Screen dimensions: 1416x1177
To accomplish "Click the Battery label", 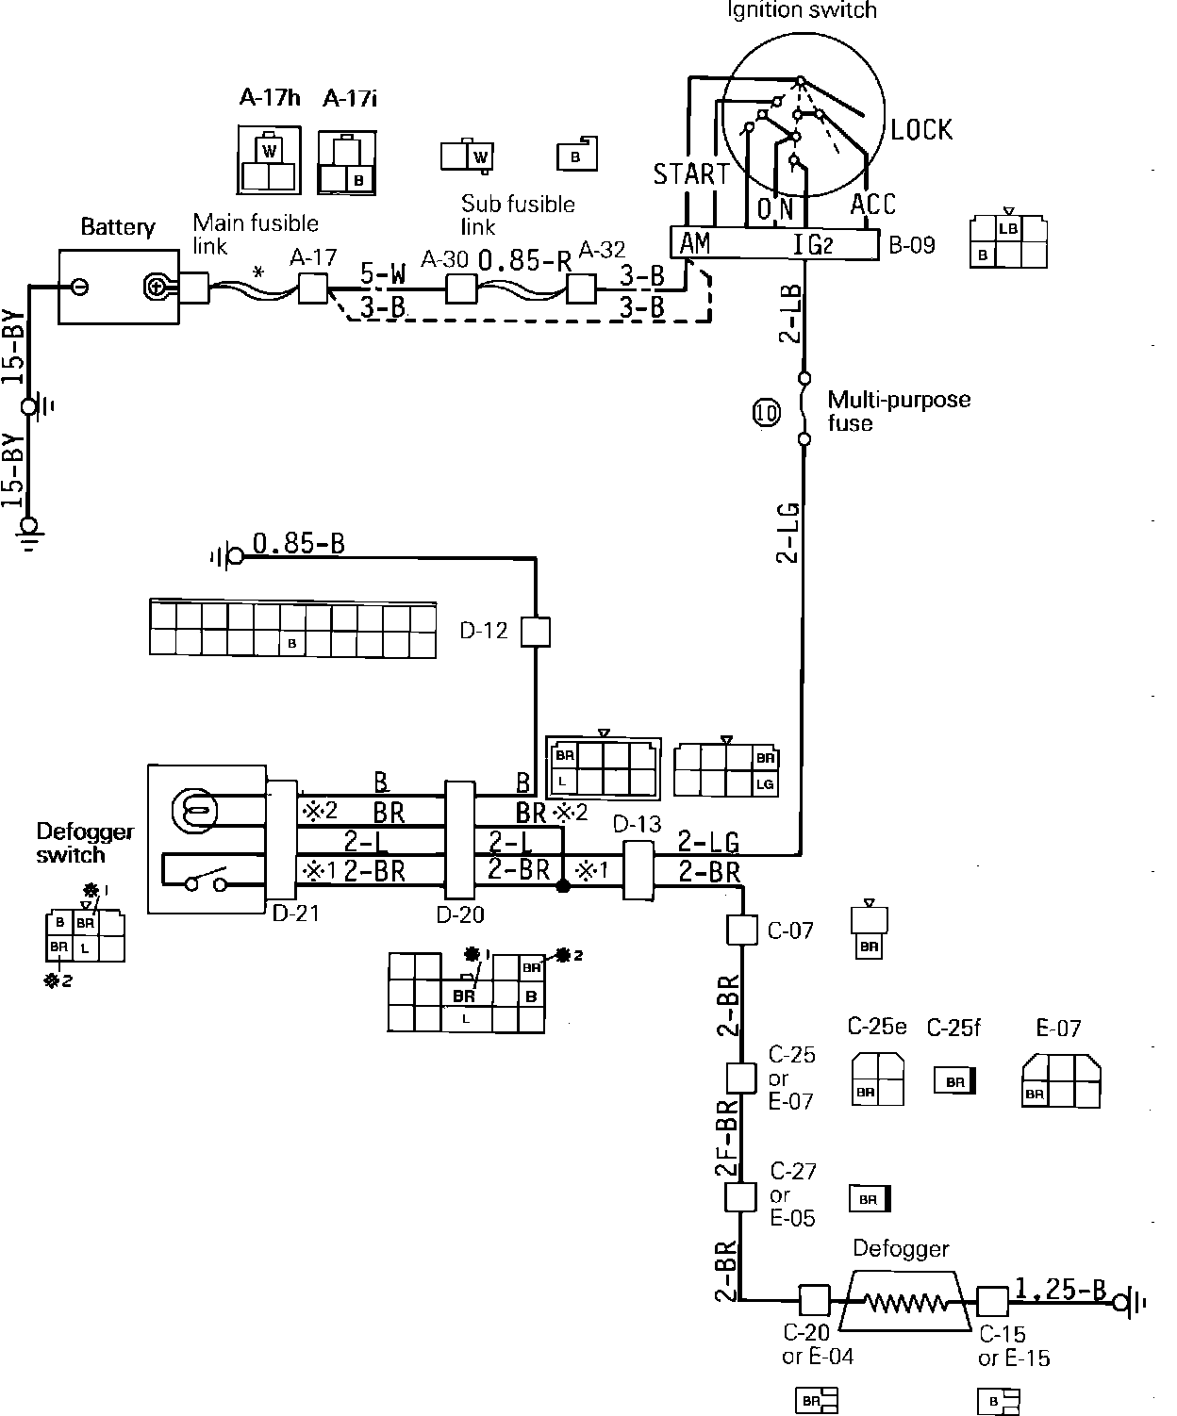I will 117,227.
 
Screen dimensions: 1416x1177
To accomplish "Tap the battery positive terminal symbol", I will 157,286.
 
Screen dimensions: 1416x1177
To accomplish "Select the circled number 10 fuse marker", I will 767,412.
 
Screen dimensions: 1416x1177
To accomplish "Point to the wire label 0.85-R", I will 524,261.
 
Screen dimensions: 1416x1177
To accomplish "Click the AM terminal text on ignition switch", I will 695,243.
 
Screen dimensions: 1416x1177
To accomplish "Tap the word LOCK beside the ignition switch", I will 921,129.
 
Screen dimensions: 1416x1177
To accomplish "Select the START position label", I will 691,174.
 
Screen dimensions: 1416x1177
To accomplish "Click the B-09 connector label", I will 912,246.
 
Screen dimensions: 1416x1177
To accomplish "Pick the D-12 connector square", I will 536,631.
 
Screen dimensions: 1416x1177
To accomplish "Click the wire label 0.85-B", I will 298,544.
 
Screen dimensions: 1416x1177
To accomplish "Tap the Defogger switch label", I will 85,843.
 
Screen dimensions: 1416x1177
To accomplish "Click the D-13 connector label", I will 638,825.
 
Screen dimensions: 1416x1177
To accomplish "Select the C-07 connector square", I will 742,930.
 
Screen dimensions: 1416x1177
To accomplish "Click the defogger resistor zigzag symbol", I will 904,1302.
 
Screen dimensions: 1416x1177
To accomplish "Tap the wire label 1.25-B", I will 1060,1289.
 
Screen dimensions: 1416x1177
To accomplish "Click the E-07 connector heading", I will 1058,1029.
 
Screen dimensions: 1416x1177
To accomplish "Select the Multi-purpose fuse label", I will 898,411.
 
